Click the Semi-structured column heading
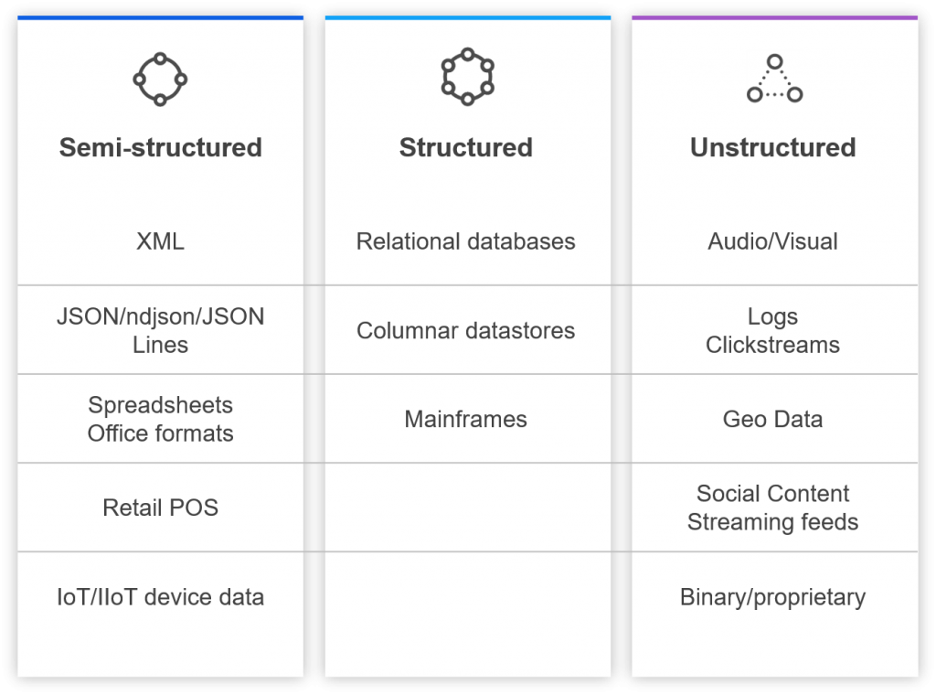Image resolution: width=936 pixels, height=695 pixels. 160,148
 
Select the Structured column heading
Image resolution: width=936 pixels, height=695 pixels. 466,148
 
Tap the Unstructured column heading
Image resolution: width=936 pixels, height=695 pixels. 773,148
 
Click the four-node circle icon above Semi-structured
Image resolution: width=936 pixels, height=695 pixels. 160,80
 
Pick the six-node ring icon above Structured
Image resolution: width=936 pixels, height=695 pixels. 467,78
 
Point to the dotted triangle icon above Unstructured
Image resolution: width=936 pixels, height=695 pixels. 774,80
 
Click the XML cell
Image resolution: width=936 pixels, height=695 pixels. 160,241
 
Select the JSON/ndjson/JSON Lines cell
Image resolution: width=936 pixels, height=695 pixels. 160,330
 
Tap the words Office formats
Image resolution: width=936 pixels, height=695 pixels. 160,433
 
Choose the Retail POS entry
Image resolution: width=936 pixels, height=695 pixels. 160,508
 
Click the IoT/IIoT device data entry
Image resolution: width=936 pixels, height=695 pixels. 160,597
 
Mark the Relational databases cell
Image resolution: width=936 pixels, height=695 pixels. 466,241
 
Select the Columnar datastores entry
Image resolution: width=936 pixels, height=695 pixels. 466,330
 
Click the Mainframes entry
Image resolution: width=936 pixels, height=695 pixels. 466,419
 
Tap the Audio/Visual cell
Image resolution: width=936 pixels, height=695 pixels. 773,241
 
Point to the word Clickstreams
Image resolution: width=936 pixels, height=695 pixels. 773,345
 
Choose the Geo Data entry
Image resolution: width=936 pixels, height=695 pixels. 773,419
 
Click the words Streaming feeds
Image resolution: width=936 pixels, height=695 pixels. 773,522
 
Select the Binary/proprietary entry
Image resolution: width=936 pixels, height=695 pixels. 773,597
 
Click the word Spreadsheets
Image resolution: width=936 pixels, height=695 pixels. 160,405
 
